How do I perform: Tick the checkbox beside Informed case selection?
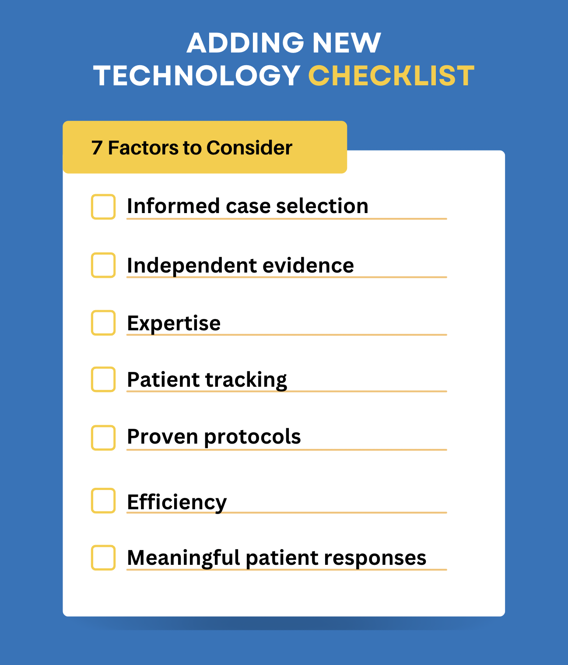(103, 206)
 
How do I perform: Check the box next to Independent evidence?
(103, 265)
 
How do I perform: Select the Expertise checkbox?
(103, 323)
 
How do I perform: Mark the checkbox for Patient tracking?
(103, 379)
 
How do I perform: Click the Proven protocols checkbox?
(103, 437)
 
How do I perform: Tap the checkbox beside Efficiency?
(103, 500)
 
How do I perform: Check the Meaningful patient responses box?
(103, 557)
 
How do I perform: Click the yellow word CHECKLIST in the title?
(391, 76)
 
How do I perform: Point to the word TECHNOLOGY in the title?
(196, 76)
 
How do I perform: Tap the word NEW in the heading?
(347, 43)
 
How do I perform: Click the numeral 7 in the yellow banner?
(97, 148)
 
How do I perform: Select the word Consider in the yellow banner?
(249, 148)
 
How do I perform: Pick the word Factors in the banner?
(143, 148)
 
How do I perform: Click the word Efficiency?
(177, 502)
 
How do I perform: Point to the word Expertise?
(174, 324)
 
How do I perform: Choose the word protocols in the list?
(252, 437)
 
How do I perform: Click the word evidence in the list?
(308, 266)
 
